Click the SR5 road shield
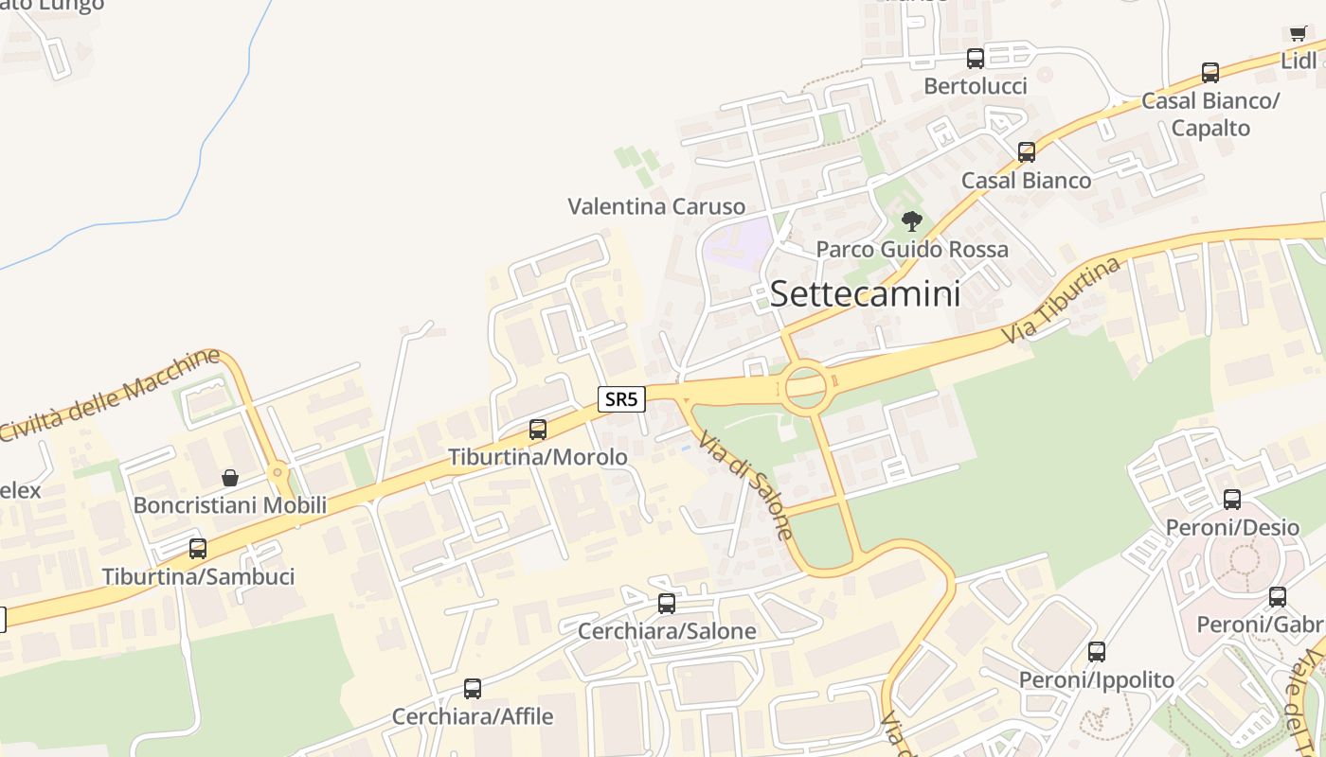click(621, 399)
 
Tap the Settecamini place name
click(865, 293)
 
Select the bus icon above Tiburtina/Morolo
click(538, 430)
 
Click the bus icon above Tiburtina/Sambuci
click(198, 549)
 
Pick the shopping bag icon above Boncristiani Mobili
click(229, 478)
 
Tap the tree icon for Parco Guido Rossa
click(911, 221)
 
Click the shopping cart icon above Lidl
click(1298, 34)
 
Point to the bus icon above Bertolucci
click(976, 59)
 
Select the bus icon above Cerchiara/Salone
click(667, 604)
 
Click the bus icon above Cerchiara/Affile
click(473, 689)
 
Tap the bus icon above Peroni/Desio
click(1232, 500)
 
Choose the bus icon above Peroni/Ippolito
click(1097, 652)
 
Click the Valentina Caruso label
click(656, 206)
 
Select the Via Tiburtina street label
click(1062, 300)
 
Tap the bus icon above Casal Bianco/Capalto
click(1210, 73)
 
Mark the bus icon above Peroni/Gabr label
click(1278, 597)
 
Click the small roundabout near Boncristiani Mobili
click(278, 470)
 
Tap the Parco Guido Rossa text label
click(912, 250)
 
